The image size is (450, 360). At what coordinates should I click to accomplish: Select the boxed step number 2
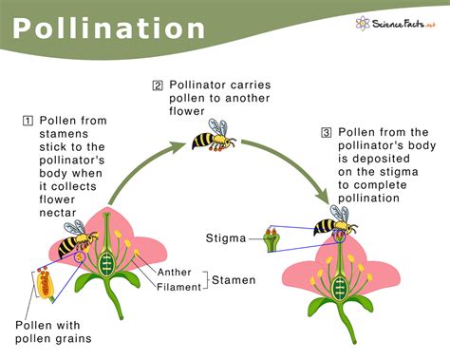tap(158, 85)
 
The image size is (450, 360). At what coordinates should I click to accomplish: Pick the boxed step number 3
tap(327, 132)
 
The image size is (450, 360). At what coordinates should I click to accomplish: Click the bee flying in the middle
tap(215, 137)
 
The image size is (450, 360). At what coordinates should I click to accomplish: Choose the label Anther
tap(179, 273)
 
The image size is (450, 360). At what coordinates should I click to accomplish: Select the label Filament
tap(180, 286)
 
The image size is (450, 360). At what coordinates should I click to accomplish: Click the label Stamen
tap(234, 279)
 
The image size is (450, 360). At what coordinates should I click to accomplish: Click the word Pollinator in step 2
tap(202, 85)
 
